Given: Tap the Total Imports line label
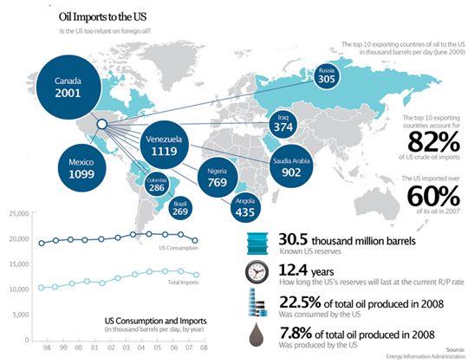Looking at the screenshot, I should [x=182, y=282].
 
